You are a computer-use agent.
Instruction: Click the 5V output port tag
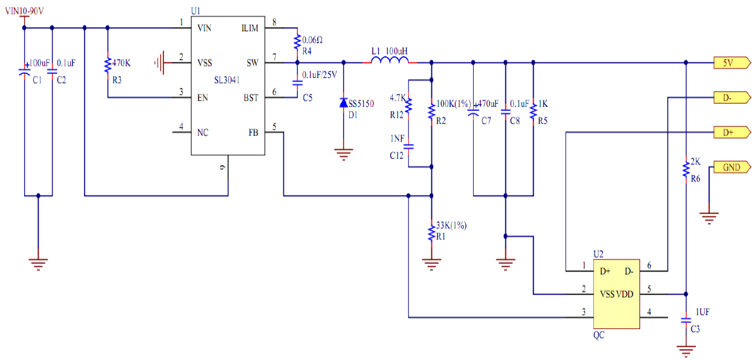pos(731,62)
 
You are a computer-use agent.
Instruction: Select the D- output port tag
pos(731,97)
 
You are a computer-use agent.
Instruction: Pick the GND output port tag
pos(731,167)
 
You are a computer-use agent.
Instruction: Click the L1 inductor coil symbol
pos(390,59)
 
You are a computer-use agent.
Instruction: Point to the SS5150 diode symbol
pos(343,102)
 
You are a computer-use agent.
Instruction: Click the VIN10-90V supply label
pos(25,11)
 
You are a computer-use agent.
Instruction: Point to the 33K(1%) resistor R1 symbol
pos(431,232)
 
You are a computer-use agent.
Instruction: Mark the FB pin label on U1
pos(253,132)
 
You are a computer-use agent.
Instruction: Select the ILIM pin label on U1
pos(250,28)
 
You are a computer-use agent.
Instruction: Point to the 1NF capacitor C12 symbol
pos(408,146)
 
